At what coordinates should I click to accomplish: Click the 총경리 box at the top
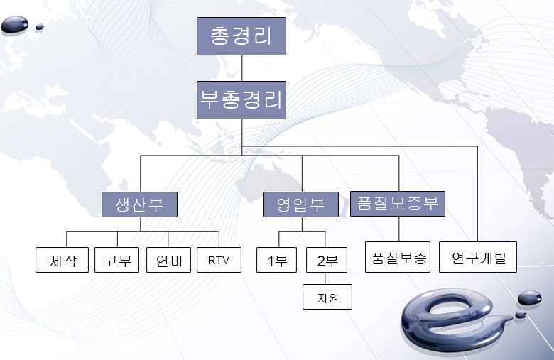241,36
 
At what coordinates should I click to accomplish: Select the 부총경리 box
241,100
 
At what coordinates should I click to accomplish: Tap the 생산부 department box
139,204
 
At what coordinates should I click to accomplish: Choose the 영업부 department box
300,204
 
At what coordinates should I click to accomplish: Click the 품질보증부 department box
398,204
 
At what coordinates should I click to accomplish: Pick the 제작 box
63,260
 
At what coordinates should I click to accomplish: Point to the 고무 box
117,260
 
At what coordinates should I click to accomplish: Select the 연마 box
168,260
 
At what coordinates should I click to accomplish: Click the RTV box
219,260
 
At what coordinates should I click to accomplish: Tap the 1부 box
277,260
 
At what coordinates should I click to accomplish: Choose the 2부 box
327,260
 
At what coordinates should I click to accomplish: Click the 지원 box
327,297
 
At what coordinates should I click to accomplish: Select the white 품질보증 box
398,257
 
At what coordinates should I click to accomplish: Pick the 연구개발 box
478,257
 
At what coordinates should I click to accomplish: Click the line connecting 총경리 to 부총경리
241,68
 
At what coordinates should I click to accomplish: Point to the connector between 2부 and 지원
325,278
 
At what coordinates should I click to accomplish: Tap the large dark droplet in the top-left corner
14,25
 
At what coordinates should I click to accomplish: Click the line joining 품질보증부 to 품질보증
399,229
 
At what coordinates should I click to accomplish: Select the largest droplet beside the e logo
529,298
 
